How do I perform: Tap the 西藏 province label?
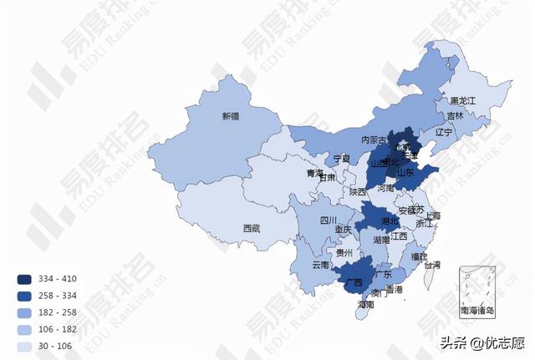pos(252,228)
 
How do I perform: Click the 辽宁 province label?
pos(443,132)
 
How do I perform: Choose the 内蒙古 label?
pos(374,140)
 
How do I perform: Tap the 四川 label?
pos(329,221)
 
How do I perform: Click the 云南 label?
pos(320,265)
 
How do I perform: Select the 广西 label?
pos(353,282)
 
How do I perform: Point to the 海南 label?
pos(365,305)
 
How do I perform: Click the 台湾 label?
pos(431,265)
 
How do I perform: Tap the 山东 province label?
pos(406,173)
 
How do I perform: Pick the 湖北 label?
pos(390,221)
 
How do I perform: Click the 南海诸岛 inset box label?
pos(477,311)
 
